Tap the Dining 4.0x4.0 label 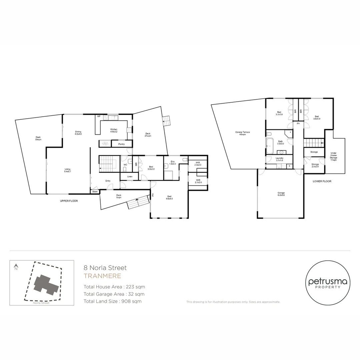[x=78, y=132]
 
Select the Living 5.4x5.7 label [x=68, y=170]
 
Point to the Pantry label [x=121, y=144]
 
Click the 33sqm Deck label [x=38, y=138]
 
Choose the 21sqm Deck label [x=148, y=134]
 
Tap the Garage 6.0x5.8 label [x=281, y=194]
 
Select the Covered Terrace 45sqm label [x=242, y=133]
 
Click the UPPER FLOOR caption [x=69, y=201]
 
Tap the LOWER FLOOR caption [x=322, y=181]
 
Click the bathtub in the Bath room [x=270, y=144]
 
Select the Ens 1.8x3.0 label [x=172, y=163]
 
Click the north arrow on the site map [x=16, y=267]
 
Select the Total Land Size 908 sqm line [x=112, y=301]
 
